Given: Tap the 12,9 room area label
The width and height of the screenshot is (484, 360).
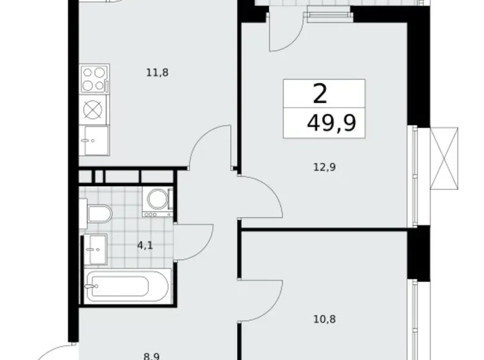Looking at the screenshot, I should (325, 166).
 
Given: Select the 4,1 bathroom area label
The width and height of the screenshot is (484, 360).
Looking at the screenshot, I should (145, 245).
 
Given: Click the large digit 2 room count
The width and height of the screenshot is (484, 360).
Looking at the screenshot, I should (320, 94).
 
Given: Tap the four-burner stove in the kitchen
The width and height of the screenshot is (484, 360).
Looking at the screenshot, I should (94, 79).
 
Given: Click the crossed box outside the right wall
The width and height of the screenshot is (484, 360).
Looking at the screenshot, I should (446, 157).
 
